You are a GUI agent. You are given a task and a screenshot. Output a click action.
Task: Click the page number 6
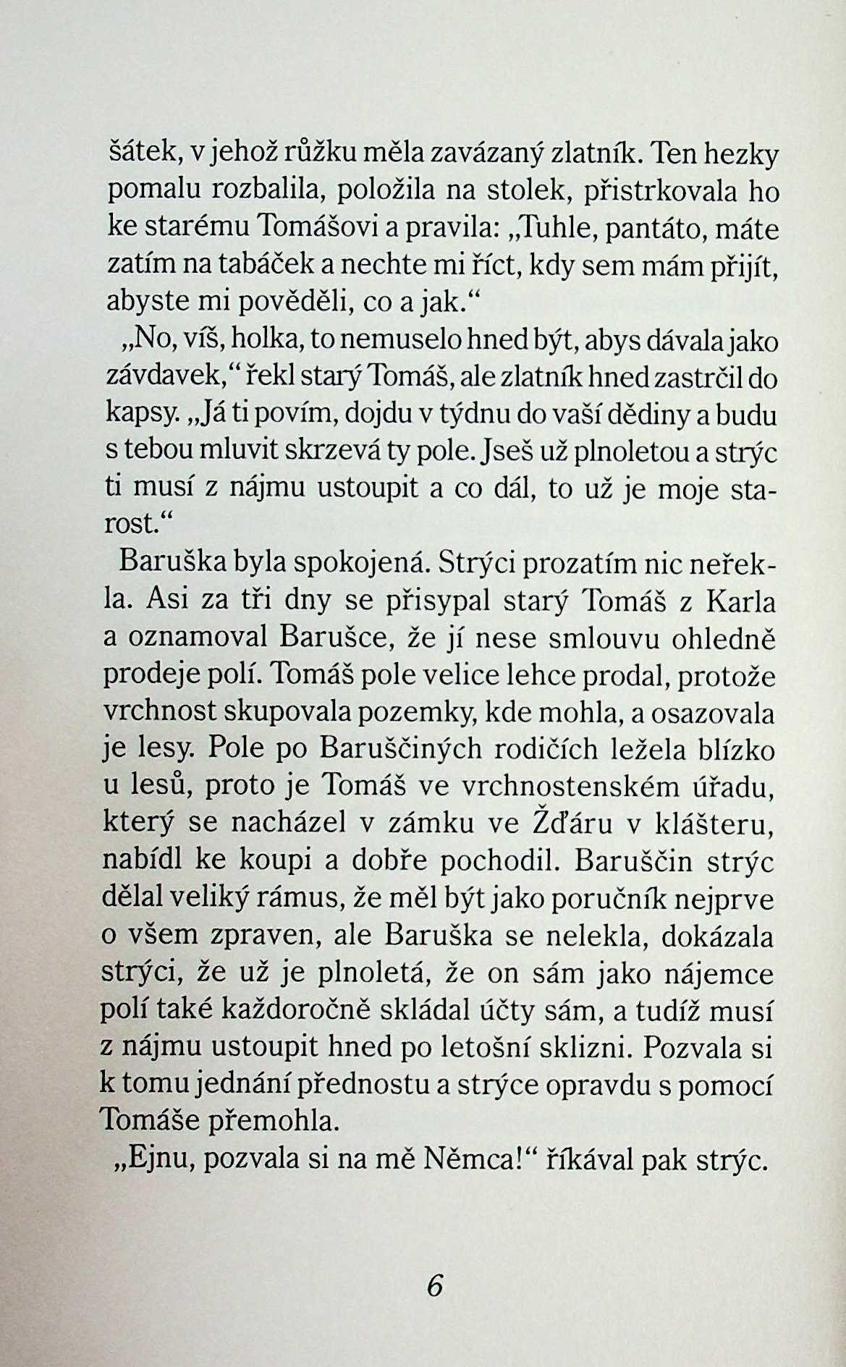point(434,1285)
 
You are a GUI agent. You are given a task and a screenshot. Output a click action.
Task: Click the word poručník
point(614,898)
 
